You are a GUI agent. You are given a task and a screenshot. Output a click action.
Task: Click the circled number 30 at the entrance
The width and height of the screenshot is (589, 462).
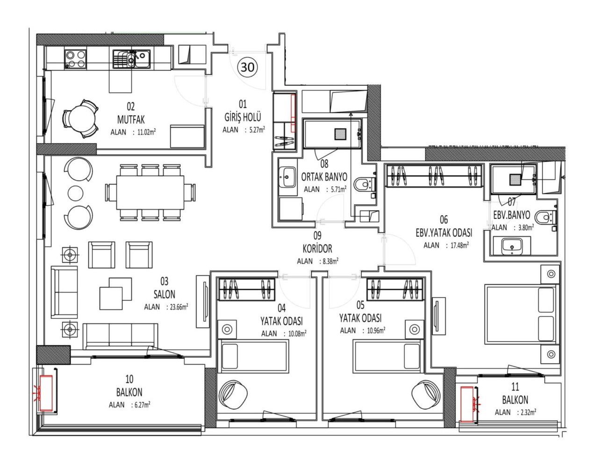coord(247,67)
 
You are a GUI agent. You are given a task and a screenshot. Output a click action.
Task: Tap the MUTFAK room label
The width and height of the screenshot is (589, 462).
coord(131,119)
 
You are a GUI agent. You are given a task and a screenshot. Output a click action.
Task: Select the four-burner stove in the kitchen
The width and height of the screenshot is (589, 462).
coord(76,59)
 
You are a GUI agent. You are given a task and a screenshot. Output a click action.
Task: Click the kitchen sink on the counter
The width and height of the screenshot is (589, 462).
coord(131,59)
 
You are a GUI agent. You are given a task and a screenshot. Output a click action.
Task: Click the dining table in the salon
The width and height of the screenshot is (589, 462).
coord(150,192)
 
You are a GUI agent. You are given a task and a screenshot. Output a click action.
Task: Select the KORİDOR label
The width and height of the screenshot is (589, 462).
coord(317,249)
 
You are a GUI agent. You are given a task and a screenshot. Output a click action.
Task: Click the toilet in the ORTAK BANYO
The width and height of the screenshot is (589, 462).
coord(366,184)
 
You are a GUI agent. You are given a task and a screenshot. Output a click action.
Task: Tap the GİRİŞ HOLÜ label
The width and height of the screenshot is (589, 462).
coord(243,118)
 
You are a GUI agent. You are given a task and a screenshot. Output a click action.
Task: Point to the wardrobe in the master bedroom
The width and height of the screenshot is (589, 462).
coord(434,175)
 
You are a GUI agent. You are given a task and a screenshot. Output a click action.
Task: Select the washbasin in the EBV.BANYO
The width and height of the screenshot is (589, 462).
coord(512,246)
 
